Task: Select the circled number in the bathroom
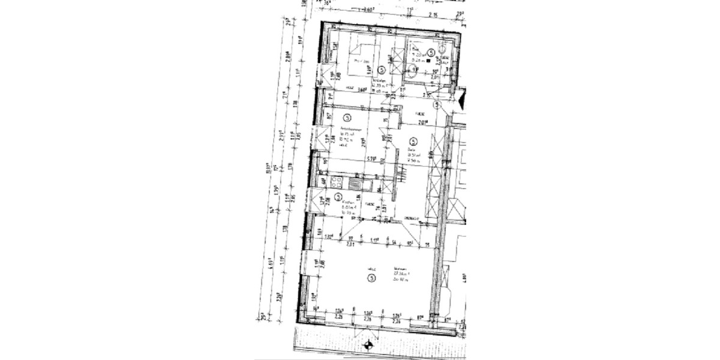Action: (430, 52)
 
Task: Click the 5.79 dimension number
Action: (372, 159)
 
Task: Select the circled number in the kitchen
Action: (338, 196)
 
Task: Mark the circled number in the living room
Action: (372, 278)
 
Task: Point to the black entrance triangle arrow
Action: (461, 100)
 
